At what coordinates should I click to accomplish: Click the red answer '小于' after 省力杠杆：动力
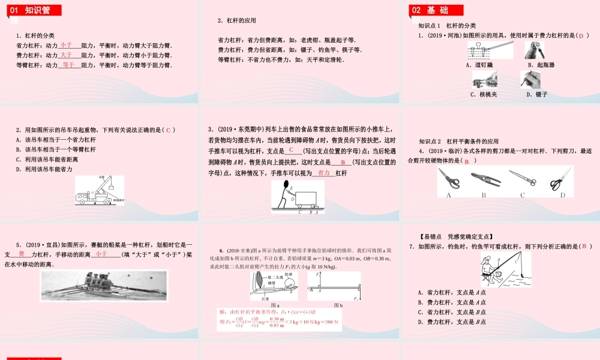point(67,45)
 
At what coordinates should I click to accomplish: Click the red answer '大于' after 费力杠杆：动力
point(67,55)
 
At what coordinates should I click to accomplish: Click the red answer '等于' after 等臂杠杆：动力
point(68,64)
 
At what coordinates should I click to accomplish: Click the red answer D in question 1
point(581,36)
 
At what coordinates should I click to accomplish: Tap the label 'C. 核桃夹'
point(483,94)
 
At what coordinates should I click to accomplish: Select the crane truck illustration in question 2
point(99,190)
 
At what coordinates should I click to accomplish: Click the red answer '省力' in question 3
point(324,173)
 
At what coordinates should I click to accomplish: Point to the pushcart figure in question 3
point(297,197)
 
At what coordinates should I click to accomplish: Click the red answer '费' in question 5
point(22,254)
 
